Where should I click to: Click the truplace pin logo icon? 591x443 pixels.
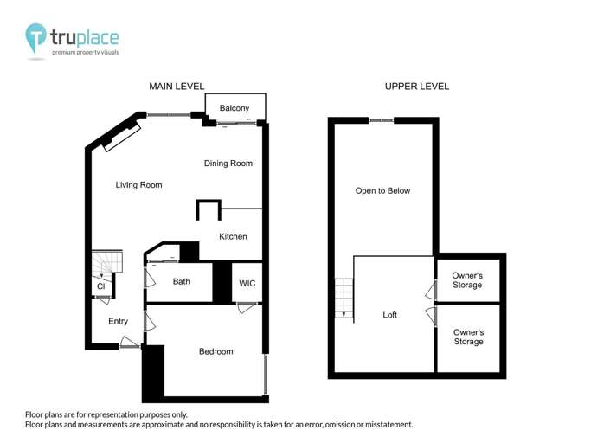tap(35, 39)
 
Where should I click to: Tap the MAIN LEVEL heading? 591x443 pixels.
tap(177, 87)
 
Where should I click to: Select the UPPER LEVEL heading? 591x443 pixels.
tap(417, 87)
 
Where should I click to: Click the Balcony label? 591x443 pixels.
tap(234, 108)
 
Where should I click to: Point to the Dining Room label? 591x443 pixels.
tap(228, 164)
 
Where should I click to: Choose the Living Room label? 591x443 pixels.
tap(138, 185)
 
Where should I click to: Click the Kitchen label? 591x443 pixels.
tap(233, 236)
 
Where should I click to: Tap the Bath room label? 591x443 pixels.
tap(182, 281)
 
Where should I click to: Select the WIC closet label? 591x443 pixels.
tap(247, 283)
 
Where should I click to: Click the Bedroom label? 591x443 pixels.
tap(215, 351)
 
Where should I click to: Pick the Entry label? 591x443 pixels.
tap(118, 322)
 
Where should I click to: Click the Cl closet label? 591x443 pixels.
tap(100, 286)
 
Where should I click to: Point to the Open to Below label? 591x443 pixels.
tap(382, 190)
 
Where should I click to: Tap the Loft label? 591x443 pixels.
tap(390, 315)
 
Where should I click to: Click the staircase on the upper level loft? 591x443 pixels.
tap(344, 298)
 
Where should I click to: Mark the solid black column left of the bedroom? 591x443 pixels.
tap(153, 372)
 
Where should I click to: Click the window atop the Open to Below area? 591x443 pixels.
tap(382, 120)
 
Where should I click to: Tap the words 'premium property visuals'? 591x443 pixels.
tap(85, 53)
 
